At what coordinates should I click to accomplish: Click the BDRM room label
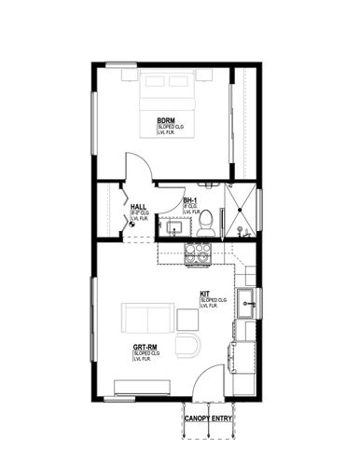tap(166, 120)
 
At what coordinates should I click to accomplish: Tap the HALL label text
tap(138, 208)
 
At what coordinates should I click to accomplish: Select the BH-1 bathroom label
tap(188, 201)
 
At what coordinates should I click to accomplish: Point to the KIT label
tap(204, 295)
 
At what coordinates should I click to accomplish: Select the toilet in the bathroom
tap(209, 222)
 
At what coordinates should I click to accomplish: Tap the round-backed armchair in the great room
tap(189, 346)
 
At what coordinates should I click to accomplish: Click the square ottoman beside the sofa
tap(188, 319)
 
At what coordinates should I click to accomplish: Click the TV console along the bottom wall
tap(138, 386)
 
